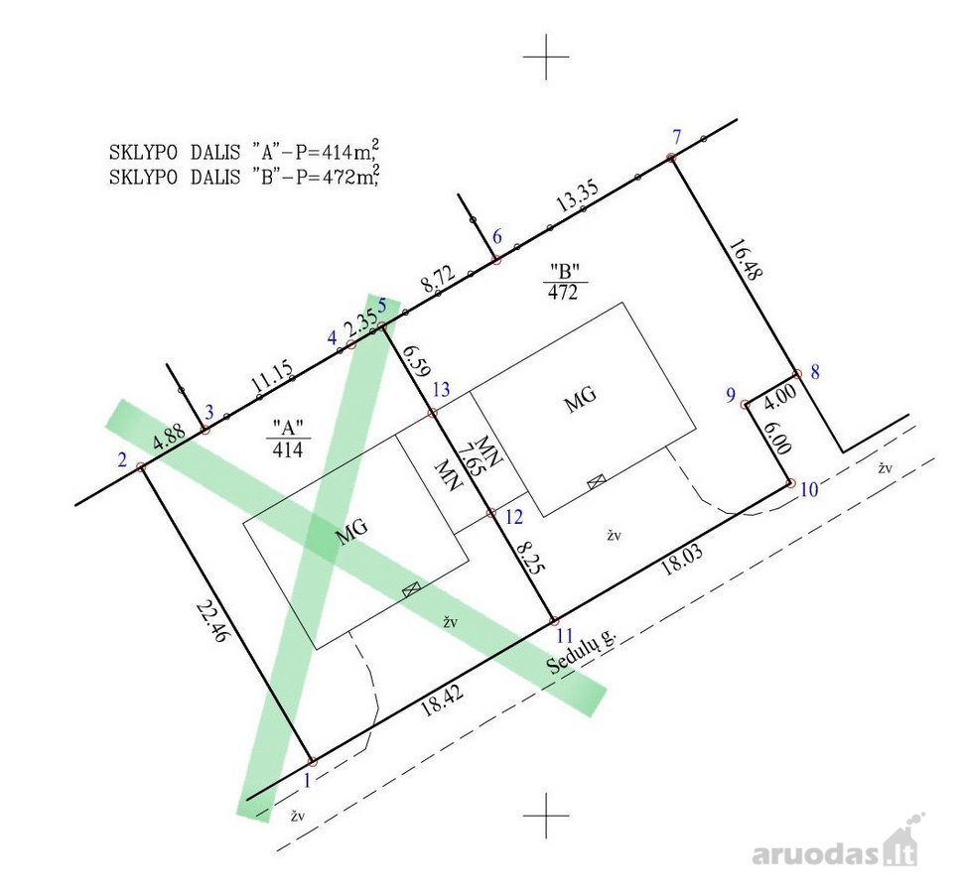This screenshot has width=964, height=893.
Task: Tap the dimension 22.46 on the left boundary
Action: tap(210, 621)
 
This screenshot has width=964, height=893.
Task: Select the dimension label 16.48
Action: tap(746, 260)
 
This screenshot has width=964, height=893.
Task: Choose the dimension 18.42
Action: tap(442, 701)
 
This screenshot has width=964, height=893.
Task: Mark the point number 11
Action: tap(564, 635)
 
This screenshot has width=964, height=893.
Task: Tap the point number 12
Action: tap(513, 517)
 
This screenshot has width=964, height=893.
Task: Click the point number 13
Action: tap(441, 389)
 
